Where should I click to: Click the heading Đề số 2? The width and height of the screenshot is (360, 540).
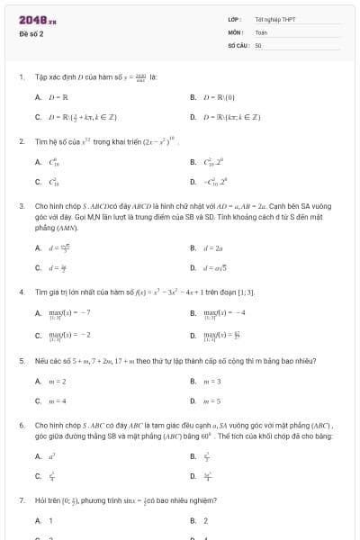(31, 33)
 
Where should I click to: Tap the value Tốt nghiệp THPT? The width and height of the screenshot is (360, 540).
(275, 19)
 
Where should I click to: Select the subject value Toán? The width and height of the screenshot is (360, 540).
(261, 31)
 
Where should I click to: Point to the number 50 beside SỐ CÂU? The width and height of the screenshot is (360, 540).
(258, 44)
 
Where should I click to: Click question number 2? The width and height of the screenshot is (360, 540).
(21, 141)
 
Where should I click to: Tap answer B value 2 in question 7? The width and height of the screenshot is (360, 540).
(205, 520)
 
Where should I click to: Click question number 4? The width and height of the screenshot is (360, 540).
(21, 292)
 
